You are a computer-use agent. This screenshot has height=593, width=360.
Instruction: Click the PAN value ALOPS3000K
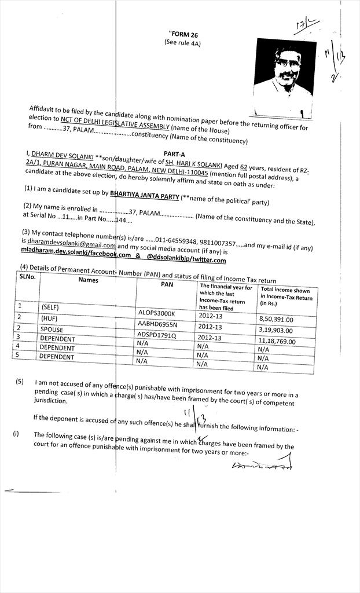pyautogui.click(x=156, y=313)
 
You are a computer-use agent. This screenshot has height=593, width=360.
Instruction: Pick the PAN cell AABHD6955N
pyautogui.click(x=157, y=324)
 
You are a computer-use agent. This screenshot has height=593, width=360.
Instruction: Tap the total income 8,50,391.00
pyautogui.click(x=277, y=319)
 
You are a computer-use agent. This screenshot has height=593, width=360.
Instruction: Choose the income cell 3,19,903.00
pyautogui.click(x=277, y=330)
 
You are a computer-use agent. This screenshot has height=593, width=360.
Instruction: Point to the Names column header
pyautogui.click(x=89, y=280)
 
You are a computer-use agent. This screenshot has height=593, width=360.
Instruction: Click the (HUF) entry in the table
pyautogui.click(x=49, y=317)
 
